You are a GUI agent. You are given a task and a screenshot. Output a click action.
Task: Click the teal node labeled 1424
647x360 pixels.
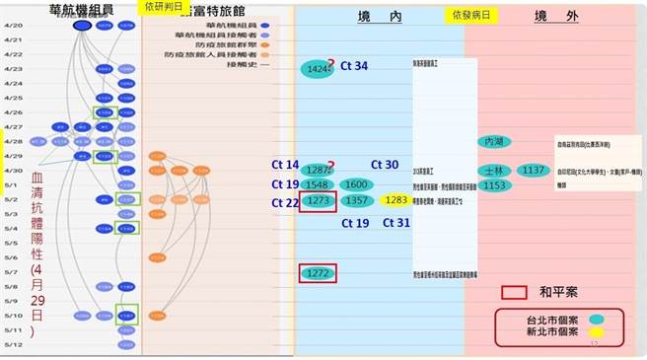[318, 70]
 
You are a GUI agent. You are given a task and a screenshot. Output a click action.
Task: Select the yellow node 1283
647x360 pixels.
[395, 200]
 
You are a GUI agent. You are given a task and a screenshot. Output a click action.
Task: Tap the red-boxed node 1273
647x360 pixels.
[318, 201]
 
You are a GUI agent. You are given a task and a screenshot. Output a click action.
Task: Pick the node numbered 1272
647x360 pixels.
[318, 273]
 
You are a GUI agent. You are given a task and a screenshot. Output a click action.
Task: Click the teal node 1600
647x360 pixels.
[356, 184]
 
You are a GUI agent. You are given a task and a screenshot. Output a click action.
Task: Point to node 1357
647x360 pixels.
[356, 201]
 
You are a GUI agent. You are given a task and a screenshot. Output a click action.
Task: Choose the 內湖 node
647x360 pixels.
[494, 143]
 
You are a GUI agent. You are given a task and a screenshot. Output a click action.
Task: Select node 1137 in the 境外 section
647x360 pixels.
[534, 171]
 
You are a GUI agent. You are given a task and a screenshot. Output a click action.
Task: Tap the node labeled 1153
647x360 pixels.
[494, 185]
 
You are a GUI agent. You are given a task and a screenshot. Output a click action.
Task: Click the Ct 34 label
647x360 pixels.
[354, 66]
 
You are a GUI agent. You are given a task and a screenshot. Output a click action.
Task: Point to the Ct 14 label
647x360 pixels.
[285, 165]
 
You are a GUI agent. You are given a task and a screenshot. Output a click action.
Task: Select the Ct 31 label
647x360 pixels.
[395, 223]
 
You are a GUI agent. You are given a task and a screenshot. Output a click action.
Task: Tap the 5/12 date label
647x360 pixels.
[13, 344]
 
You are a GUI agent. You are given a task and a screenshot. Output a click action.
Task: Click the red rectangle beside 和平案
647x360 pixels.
[515, 293]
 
